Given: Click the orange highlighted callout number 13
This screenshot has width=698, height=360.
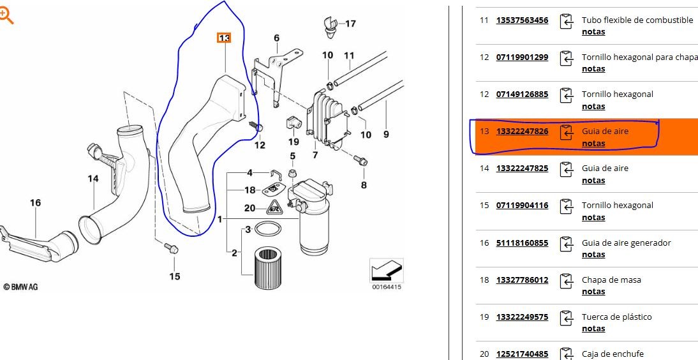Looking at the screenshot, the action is coord(224,38).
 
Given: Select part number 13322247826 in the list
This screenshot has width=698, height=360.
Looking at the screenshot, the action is coord(522,131).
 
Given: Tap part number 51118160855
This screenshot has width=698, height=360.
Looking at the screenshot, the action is coord(522,243).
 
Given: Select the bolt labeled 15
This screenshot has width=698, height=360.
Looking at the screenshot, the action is coord(172,248).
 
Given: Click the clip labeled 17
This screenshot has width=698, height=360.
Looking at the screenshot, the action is coord(330,26).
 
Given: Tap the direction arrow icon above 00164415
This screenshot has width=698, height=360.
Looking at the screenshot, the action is coord(387,270).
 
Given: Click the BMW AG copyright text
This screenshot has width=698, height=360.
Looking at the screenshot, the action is coord(20,287).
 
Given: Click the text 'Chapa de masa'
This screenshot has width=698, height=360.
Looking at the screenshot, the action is coord(611,280).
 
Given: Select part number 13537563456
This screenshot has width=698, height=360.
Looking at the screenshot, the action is coord(522,20).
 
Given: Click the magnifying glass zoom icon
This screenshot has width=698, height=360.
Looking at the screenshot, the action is coord(6,16).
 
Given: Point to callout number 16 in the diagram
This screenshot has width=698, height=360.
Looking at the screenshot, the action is coord(35,203).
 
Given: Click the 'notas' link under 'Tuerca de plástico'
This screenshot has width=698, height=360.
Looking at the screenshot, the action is coord(593,328).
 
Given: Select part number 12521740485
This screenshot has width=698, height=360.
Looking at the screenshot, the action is coord(522,354).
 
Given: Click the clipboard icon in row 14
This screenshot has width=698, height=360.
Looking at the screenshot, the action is coord(566,170).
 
